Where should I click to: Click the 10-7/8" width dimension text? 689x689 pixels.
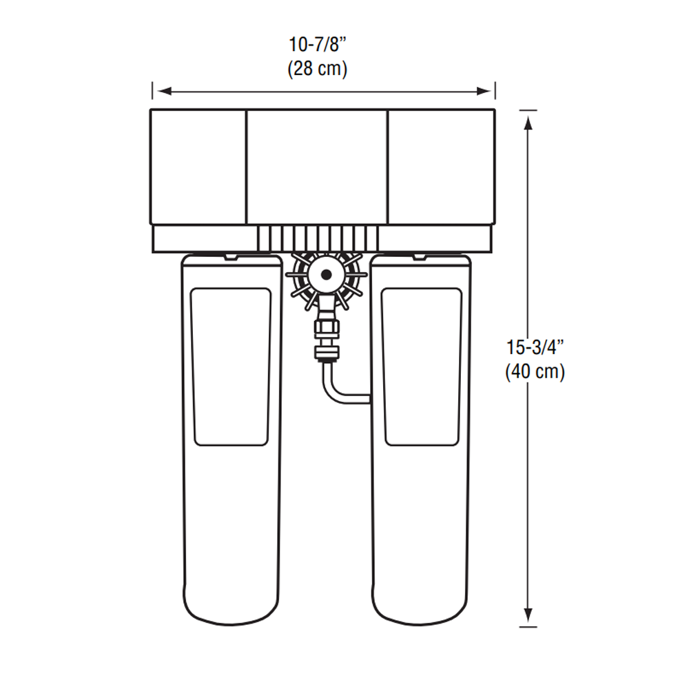(317, 45)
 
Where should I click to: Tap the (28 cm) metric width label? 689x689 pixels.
(317, 69)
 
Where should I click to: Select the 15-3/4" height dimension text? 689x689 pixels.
(535, 347)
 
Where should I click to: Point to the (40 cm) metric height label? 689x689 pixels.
(535, 372)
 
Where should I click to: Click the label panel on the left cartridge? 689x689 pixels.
(231, 367)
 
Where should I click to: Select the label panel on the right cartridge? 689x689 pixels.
(421, 367)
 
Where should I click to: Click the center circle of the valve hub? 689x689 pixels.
(325, 274)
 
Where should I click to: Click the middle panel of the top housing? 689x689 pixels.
(317, 165)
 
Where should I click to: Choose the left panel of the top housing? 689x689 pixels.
(198, 165)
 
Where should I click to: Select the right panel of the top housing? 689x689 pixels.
(441, 165)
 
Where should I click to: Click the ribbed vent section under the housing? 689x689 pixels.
(318, 238)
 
